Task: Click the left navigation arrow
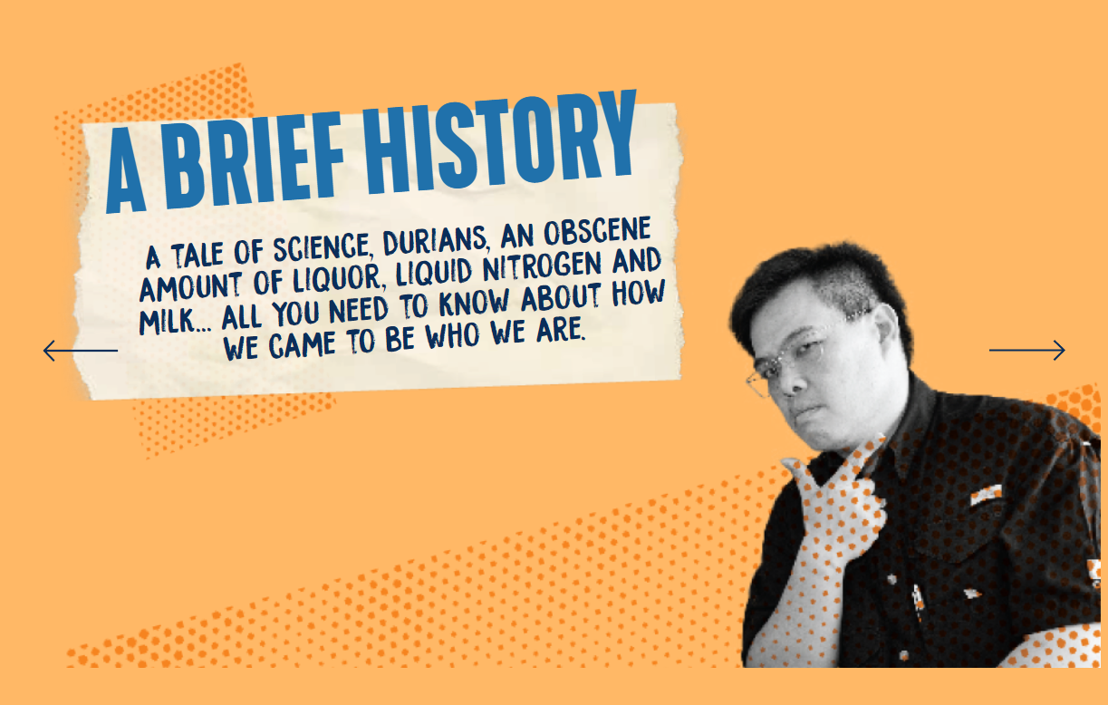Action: pos(81,351)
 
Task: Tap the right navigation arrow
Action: pos(1026,351)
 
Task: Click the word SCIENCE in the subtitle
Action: pos(322,248)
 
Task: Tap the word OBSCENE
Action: pos(598,231)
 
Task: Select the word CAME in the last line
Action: pos(303,345)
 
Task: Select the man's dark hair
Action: pos(821,292)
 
